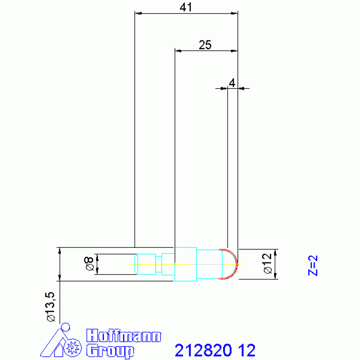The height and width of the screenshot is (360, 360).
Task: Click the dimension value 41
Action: (185, 8)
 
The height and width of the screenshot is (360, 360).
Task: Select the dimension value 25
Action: (205, 45)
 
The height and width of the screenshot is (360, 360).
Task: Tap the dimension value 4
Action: (232, 83)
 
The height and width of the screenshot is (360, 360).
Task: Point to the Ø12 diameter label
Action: (268, 264)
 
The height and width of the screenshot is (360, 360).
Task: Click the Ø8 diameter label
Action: (89, 264)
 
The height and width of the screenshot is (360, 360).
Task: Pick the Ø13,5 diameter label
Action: (51, 307)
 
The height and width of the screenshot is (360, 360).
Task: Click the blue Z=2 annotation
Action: (313, 265)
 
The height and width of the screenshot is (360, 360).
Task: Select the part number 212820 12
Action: (215, 350)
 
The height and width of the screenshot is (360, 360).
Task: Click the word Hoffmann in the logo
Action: (123, 336)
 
